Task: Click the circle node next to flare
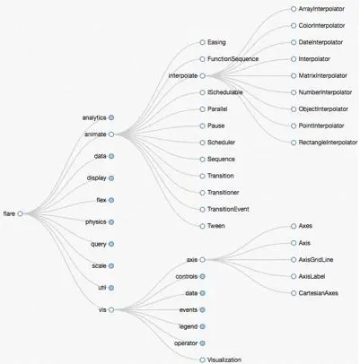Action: (x=20, y=213)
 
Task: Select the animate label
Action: (x=95, y=134)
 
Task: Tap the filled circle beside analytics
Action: (x=111, y=117)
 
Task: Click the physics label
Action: (x=96, y=222)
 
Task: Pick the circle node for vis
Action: (x=111, y=309)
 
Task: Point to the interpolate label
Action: (x=183, y=76)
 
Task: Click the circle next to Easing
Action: (x=202, y=42)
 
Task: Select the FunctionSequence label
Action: (x=233, y=59)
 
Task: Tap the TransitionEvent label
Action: (x=228, y=209)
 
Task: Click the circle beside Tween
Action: (x=202, y=226)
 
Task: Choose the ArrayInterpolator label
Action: (x=321, y=9)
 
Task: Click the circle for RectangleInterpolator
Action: (x=294, y=143)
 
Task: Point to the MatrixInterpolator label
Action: (x=322, y=75)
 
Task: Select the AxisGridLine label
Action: (x=316, y=260)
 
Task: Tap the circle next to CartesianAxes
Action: (x=294, y=293)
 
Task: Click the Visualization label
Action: (x=224, y=360)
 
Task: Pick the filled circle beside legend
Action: (x=202, y=326)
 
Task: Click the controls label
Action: (x=187, y=276)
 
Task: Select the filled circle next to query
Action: (x=111, y=244)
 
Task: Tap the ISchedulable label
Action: (x=225, y=92)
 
